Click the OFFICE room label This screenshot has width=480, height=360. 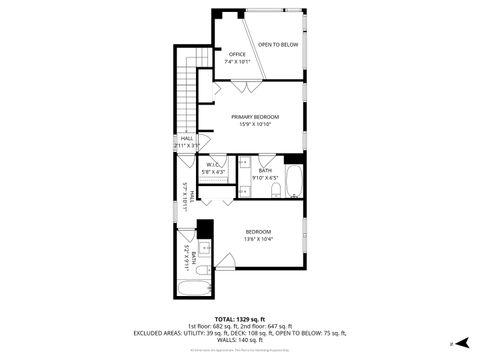coord(237,54)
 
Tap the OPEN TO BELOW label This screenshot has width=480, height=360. coord(278,45)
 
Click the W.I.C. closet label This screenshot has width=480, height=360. coord(214,165)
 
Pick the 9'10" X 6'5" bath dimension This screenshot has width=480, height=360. coord(265,178)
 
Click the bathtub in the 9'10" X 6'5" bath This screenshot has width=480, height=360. coord(294,182)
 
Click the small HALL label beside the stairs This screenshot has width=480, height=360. coord(186,138)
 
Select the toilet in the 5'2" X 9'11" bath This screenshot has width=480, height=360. coord(200,270)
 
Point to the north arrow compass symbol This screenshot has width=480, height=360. coord(451,343)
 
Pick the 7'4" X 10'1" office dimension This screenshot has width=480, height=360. coord(237,62)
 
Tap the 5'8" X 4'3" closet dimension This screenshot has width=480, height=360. coord(214,172)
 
